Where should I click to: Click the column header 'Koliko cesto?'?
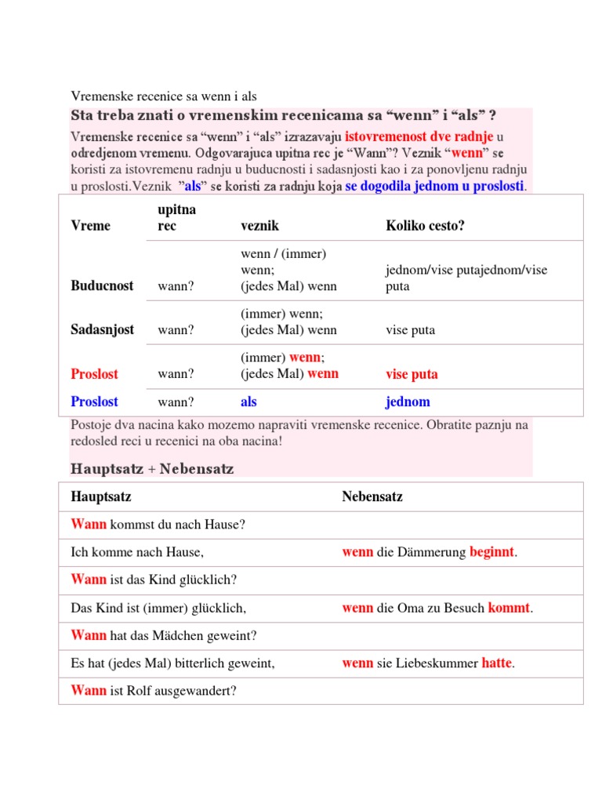[x=425, y=226]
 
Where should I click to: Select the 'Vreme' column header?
[x=90, y=226]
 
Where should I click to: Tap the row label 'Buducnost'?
[x=102, y=286]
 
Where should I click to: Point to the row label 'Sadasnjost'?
[x=102, y=330]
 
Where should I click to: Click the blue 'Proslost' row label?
[x=94, y=402]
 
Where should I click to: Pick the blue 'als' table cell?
[x=248, y=402]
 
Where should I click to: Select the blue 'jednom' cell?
[x=408, y=402]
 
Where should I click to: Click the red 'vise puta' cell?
[x=412, y=374]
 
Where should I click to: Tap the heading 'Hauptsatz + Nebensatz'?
[x=152, y=469]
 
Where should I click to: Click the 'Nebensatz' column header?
[x=372, y=496]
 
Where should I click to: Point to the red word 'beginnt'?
[x=491, y=552]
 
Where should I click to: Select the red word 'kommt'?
[x=509, y=608]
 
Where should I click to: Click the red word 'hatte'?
[x=496, y=663]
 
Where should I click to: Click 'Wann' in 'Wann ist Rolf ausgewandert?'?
[x=89, y=691]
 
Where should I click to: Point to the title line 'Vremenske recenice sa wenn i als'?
[x=164, y=96]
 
